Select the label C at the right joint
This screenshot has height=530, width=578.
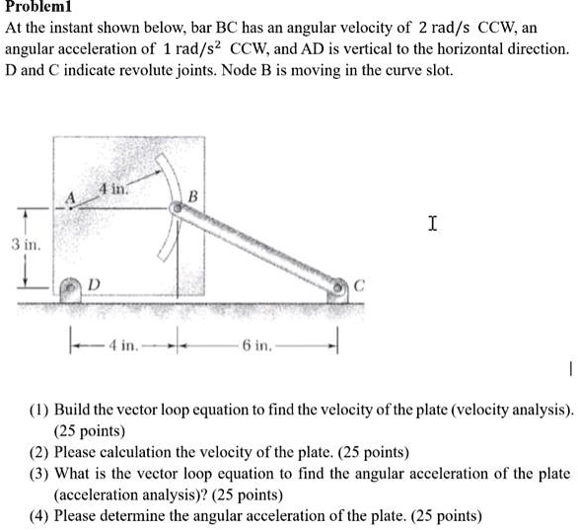(x=359, y=286)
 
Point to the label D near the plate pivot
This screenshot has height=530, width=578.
(x=96, y=285)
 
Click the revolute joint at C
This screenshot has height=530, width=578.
(x=338, y=286)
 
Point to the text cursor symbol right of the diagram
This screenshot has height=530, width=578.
(x=432, y=224)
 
